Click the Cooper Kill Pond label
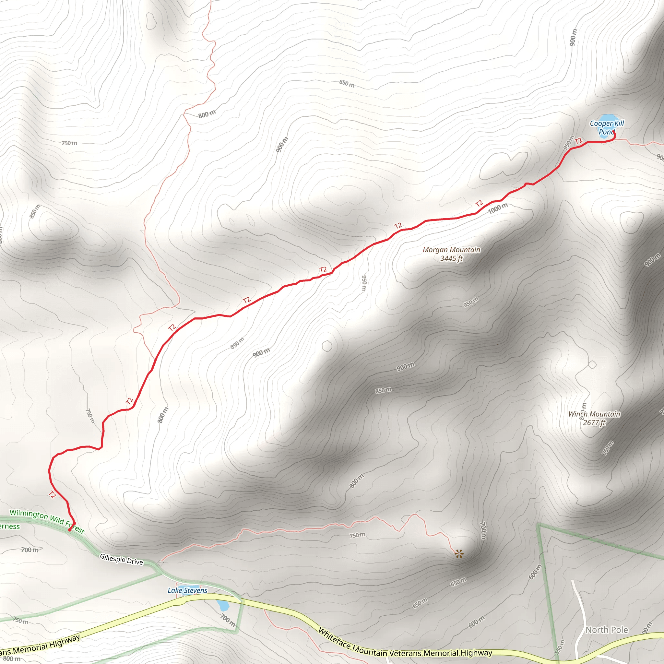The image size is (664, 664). pyautogui.click(x=607, y=127)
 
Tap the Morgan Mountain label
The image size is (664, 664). pyautogui.click(x=451, y=250)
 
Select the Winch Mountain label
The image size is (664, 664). pyautogui.click(x=594, y=414)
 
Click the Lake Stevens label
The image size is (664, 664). pyautogui.click(x=187, y=590)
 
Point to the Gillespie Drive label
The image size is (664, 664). pyautogui.click(x=121, y=559)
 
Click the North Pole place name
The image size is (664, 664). pyautogui.click(x=607, y=630)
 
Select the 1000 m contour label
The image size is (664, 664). pyautogui.click(x=498, y=208)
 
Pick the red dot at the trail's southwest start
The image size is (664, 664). pyautogui.click(x=70, y=530)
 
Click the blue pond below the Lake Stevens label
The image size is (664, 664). pyautogui.click(x=223, y=605)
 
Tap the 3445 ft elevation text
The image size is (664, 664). pyautogui.click(x=451, y=258)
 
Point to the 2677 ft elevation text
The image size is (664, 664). pyautogui.click(x=594, y=423)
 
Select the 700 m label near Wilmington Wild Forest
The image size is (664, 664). pyautogui.click(x=30, y=550)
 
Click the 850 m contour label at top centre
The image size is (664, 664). pyautogui.click(x=347, y=83)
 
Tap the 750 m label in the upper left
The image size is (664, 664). pyautogui.click(x=69, y=143)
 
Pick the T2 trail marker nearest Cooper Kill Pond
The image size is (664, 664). pyautogui.click(x=578, y=141)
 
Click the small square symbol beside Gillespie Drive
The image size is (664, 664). pyautogui.click(x=160, y=563)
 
